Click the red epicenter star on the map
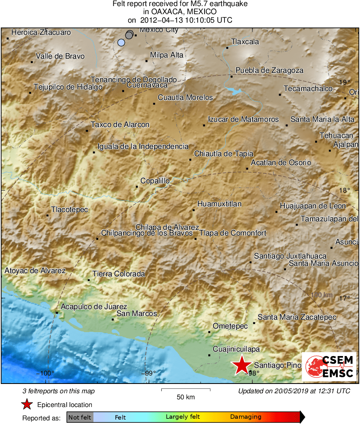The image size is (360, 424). point(241,365)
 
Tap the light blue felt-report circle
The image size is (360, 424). point(121,42)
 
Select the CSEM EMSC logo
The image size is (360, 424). point(329,366)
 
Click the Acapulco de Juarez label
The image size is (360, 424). point(94,307)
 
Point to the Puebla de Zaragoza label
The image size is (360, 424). point(269,70)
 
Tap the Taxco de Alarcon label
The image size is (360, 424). point(120,125)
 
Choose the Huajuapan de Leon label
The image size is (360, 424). point(313,206)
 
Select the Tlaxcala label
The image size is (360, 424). point(245,42)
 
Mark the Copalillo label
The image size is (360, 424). point(155,181)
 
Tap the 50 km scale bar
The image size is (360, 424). point(186,390)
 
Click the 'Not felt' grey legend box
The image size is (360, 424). point(80,417)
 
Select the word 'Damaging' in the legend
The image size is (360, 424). point(246,417)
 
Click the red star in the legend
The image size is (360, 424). point(27,405)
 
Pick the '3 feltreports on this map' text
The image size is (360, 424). point(59,391)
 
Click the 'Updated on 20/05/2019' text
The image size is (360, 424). point(294,391)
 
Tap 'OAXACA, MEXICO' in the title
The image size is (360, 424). point(180,12)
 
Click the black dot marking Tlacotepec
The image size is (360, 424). point(48,215)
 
